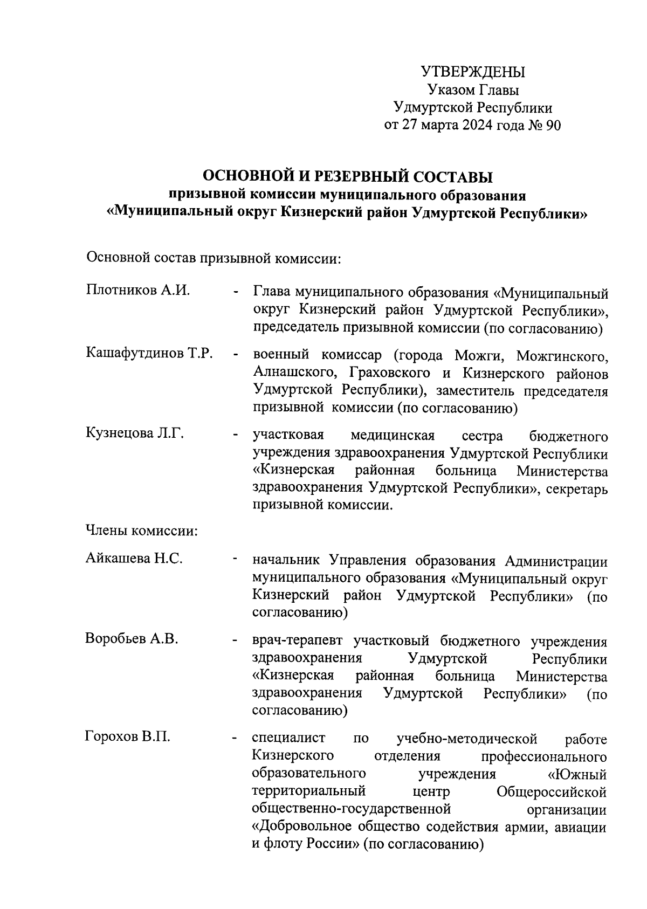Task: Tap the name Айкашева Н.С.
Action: pyautogui.click(x=134, y=559)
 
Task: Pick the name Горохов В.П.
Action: pyautogui.click(x=128, y=736)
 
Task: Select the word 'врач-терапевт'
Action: pyautogui.click(x=299, y=642)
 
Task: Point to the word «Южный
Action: pyautogui.click(x=576, y=775)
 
